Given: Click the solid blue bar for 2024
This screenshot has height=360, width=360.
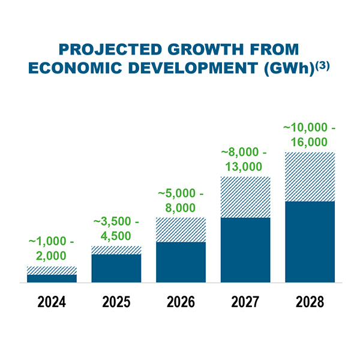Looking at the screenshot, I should pos(52,278).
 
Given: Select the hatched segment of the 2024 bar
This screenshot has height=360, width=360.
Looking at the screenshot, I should pos(52,270).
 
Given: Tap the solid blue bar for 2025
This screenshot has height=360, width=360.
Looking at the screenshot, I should pos(116,268).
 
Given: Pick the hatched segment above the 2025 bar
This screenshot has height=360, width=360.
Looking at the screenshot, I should pos(116,250).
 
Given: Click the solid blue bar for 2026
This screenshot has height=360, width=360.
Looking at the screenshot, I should pos(181,262).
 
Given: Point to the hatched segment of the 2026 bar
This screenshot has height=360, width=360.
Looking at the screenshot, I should pos(181,230).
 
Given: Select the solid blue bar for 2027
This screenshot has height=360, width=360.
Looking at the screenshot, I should pos(245,250).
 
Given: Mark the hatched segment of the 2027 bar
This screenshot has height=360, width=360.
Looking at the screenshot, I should pos(245,197).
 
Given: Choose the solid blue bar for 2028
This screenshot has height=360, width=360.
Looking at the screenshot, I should pos(310,241).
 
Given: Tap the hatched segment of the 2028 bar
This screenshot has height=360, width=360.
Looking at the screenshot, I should pos(310,177).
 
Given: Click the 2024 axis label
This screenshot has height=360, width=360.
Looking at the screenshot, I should pos(52,301).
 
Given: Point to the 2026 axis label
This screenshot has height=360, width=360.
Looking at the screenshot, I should pos(181,301).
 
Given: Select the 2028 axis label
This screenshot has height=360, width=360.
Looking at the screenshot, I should pos(310,301).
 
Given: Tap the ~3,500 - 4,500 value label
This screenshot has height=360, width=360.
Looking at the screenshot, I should pos(116,228).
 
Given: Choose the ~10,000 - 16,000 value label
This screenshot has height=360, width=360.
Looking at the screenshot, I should pos(310,134).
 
